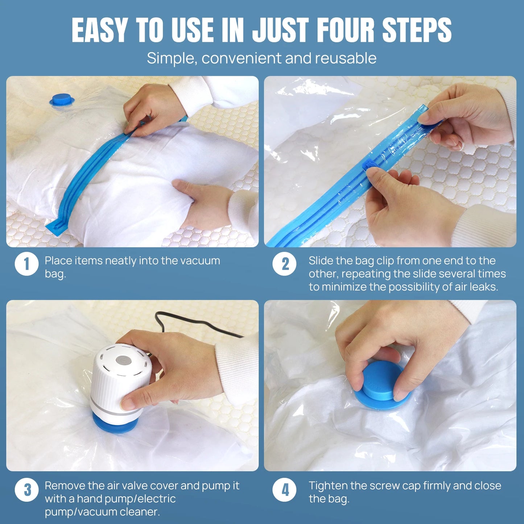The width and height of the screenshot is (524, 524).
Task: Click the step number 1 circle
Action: [26, 264]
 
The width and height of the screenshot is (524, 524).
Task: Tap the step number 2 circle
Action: [284, 264]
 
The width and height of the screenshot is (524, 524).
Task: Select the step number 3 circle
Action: [26, 490]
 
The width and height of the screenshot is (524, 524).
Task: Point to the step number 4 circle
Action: [284, 490]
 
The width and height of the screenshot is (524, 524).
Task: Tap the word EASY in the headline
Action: [100, 30]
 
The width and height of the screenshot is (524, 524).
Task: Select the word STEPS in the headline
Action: [417, 30]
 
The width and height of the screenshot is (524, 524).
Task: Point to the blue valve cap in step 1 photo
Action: [62, 100]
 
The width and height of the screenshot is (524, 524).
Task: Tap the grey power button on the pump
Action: [123, 361]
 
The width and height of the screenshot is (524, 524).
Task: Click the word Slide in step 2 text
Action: [320, 260]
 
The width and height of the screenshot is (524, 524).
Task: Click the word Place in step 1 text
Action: [58, 260]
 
